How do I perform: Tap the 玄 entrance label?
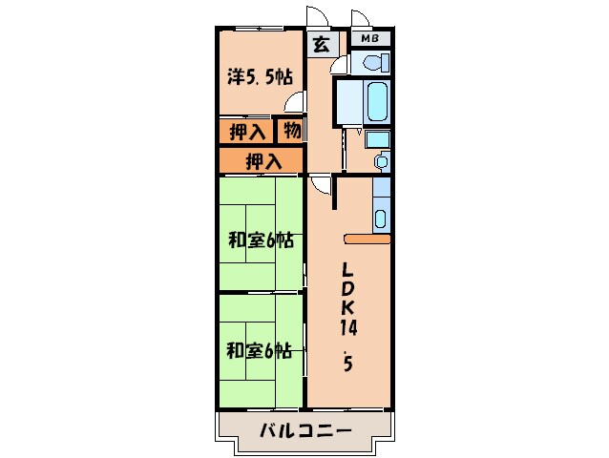tap(322, 43)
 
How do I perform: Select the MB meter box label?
tap(369, 39)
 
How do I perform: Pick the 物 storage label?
tap(291, 131)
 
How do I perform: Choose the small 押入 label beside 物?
tap(247, 132)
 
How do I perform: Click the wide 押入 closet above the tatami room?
tap(262, 161)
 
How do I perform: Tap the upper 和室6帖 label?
tap(259, 240)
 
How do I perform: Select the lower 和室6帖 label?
tap(259, 350)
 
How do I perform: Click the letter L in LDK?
tap(348, 268)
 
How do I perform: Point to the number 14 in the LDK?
tap(348, 327)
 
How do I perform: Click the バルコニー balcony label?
tap(305, 431)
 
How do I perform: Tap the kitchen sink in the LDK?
tap(381, 218)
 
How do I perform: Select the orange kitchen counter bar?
tap(367, 239)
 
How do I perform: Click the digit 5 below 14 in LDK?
tap(347, 364)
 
